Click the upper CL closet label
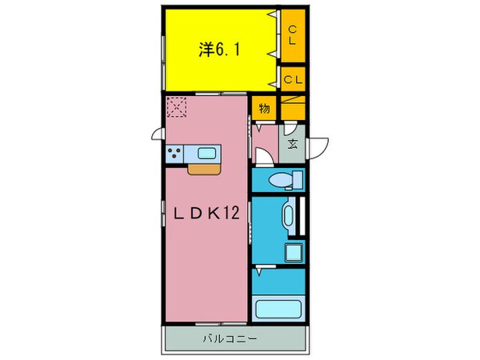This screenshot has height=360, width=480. coord(292,34)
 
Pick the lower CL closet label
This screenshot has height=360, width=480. coord(292,79)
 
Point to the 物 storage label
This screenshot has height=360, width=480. coord(264,107)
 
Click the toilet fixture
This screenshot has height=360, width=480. coord(280,180)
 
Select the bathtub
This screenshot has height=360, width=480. coord(278,310)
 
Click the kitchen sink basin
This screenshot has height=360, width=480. coord(206,152)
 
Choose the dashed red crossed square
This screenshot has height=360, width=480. coord(177,106)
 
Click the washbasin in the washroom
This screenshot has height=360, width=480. coord(287,214)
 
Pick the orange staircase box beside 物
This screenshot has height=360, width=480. coord(293,107)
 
